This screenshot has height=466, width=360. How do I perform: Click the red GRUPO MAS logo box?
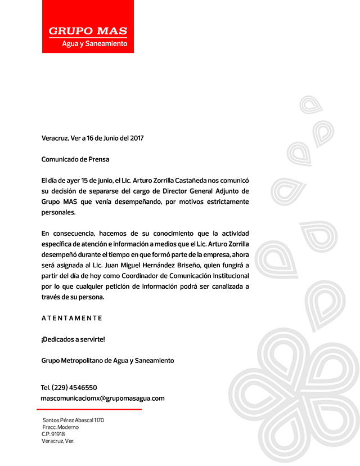[88, 26]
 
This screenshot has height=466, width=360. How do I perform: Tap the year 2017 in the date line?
[133, 137]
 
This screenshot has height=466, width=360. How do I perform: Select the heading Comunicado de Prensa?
[75, 159]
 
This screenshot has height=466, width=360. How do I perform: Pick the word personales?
[58, 213]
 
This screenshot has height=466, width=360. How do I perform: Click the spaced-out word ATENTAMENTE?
[72, 318]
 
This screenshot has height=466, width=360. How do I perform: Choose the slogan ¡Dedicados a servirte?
[73, 339]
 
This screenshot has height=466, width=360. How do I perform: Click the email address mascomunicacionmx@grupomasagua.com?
[103, 398]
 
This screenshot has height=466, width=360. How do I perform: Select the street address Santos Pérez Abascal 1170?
[73, 420]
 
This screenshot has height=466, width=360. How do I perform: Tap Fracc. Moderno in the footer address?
[61, 427]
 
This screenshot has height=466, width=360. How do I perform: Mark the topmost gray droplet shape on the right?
[309, 104]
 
